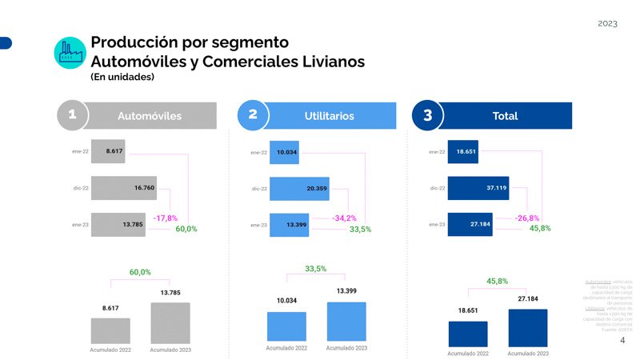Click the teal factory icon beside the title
click(70, 52)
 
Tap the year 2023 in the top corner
click(607, 24)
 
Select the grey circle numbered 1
click(72, 115)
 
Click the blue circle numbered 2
click(253, 115)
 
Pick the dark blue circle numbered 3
click(427, 115)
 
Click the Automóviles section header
click(150, 116)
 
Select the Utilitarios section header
click(329, 116)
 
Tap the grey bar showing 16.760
click(124, 188)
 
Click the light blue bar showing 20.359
click(299, 189)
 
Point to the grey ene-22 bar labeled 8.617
click(108, 150)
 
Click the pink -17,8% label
click(166, 218)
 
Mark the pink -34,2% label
click(344, 218)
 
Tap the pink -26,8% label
click(527, 218)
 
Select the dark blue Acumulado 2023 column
click(527, 328)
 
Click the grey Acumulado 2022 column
click(110, 331)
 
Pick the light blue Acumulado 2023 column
click(346, 322)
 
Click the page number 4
click(622, 341)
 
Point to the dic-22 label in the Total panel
click(438, 189)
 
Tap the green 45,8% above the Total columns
click(497, 281)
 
